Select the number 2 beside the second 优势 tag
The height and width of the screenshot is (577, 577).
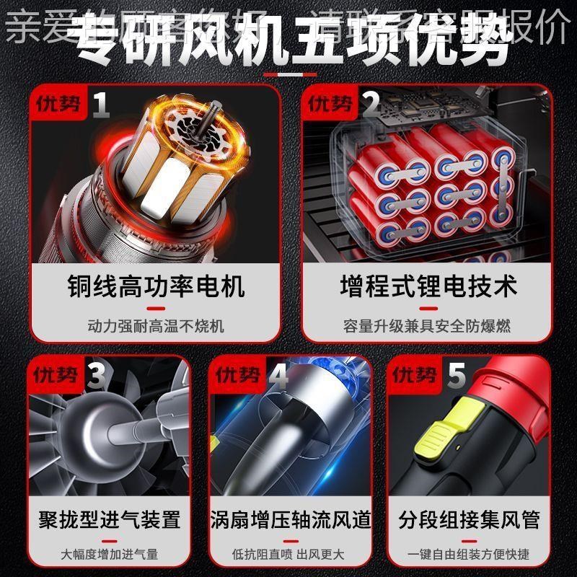371,105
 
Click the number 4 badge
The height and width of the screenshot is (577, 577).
278,376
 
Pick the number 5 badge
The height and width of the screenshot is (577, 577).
456,376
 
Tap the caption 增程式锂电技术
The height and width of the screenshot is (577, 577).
428,286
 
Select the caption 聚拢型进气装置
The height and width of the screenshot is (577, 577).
109,519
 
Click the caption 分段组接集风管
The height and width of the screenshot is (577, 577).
469,519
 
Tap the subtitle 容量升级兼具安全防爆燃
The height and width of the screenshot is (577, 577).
428,325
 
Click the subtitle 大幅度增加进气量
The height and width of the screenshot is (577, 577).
109,555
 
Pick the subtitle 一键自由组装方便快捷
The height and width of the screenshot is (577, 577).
469,555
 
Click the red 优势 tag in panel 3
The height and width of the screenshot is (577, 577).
56,375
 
